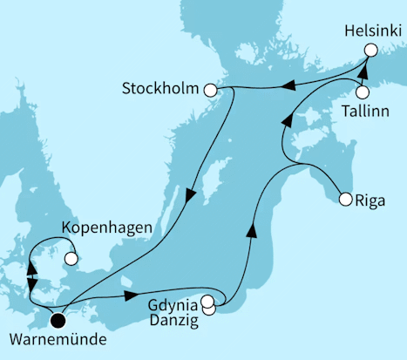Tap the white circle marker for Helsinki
370,51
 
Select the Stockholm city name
163,89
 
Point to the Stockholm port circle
210,90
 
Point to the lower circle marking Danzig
210,309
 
